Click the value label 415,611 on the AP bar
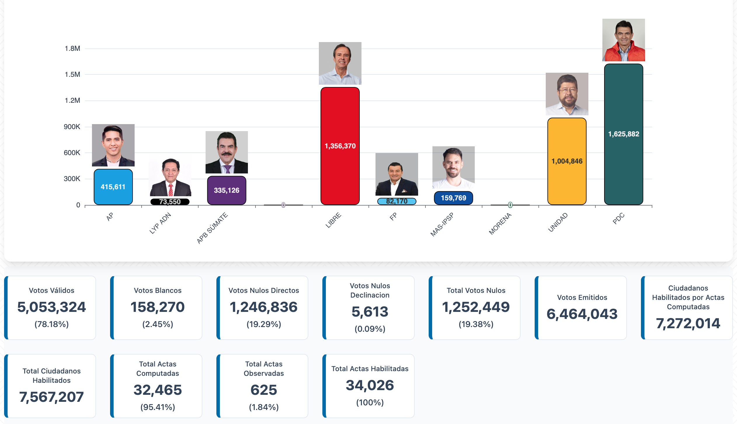click(x=113, y=187)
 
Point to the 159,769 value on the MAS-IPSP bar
click(x=453, y=198)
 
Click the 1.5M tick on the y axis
click(x=72, y=74)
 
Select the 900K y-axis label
click(x=72, y=127)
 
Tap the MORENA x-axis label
click(x=500, y=224)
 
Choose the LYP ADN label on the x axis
click(x=160, y=223)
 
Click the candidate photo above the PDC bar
click(x=623, y=40)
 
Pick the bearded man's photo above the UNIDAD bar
click(x=567, y=94)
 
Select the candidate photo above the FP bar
click(x=397, y=174)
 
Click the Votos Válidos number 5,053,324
click(x=52, y=307)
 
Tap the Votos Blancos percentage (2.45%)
click(x=158, y=324)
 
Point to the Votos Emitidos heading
click(x=582, y=298)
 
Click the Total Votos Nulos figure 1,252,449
click(x=476, y=307)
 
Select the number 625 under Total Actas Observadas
click(x=264, y=390)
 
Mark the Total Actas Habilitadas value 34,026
click(x=370, y=385)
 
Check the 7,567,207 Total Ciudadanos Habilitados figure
click(x=52, y=397)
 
